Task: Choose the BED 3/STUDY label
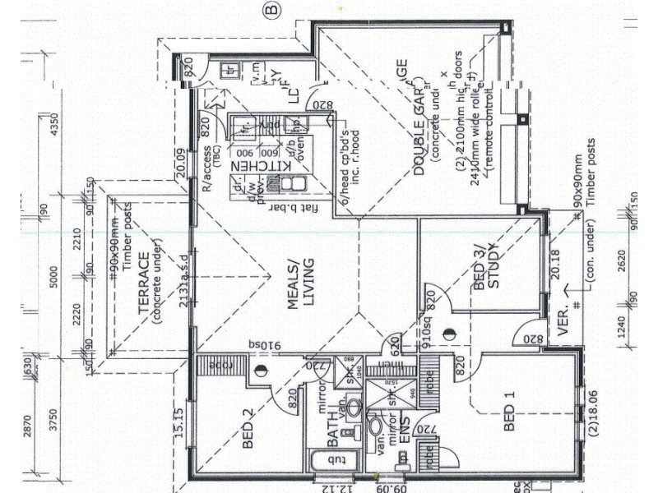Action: [487, 265]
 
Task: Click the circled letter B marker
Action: [272, 10]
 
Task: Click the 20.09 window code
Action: [182, 162]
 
